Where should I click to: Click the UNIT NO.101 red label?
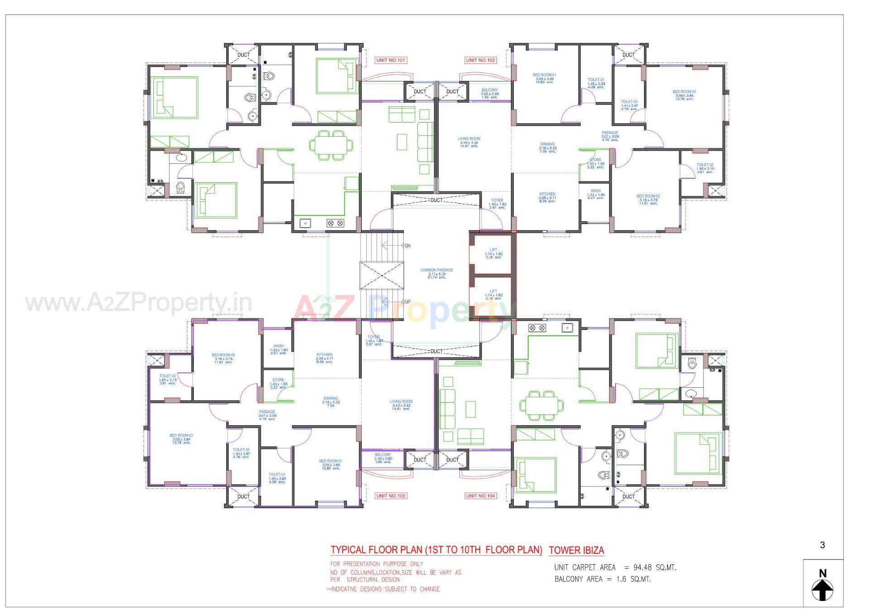click(x=391, y=60)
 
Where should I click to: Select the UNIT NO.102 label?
click(x=481, y=60)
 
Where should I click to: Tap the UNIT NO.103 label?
click(x=391, y=496)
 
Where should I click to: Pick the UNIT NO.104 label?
click(x=481, y=496)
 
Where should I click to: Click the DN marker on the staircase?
click(x=407, y=246)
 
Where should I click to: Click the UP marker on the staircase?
click(x=407, y=302)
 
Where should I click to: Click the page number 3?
click(x=822, y=545)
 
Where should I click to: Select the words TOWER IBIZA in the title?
click(x=576, y=550)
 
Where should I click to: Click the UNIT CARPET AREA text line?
click(x=615, y=567)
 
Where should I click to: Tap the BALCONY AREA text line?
click(x=602, y=579)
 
